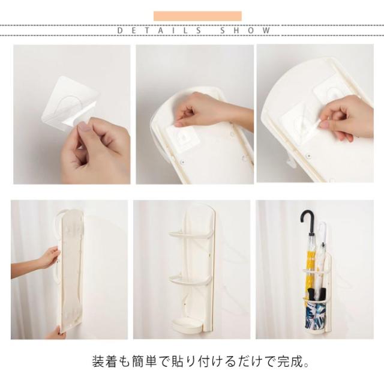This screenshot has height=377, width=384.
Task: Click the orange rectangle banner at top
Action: (x=197, y=16)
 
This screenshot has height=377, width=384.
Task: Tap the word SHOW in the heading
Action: (x=245, y=31)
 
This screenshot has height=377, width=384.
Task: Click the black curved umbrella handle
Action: (x=308, y=221)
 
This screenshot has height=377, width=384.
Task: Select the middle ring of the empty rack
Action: (x=189, y=280)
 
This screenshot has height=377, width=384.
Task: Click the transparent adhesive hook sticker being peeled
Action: (x=70, y=103)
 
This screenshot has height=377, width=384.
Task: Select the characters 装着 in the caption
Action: (x=104, y=361)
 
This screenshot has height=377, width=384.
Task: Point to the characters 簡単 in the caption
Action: (x=145, y=361)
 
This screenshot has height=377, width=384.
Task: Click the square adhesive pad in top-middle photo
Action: (x=181, y=139)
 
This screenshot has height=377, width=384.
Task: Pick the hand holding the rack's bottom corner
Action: (x=57, y=333)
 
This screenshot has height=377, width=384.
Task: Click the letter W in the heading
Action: (x=266, y=31)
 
